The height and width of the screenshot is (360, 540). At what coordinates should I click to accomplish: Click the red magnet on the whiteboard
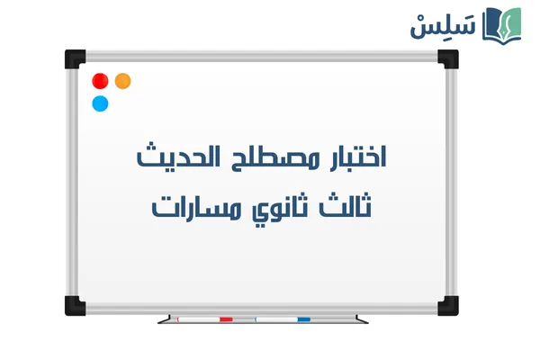101,81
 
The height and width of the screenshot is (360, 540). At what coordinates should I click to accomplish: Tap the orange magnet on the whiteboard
123,81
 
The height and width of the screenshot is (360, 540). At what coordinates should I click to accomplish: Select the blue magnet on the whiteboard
101,103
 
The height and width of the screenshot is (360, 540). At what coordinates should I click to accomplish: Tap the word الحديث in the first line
173,159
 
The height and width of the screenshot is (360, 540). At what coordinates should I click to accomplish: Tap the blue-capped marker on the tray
283,319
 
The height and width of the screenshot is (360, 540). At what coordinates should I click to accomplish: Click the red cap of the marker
225,319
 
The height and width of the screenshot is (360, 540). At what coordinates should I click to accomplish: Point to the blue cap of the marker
303,319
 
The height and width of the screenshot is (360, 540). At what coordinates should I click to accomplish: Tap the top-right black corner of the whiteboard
447,59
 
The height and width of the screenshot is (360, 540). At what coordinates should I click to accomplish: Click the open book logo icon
500,24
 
